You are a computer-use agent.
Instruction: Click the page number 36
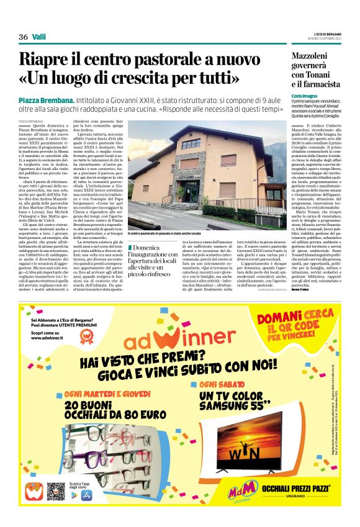pos(23,37)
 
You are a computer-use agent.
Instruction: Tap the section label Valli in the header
pos(38,37)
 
